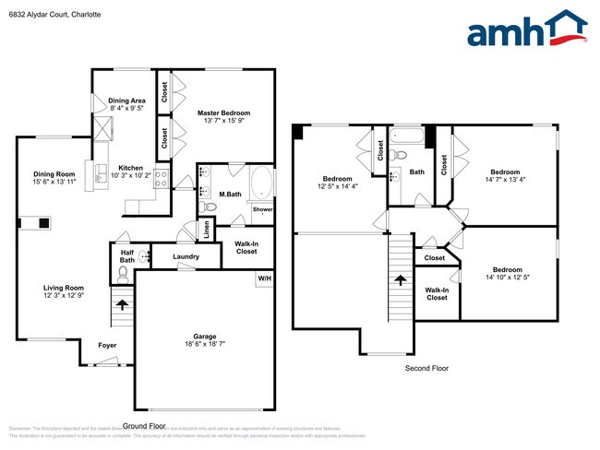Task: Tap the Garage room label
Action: pyautogui.click(x=204, y=337)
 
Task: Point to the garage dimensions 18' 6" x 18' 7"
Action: pyautogui.click(x=204, y=344)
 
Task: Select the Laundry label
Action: pyautogui.click(x=186, y=256)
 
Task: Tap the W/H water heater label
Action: pyautogui.click(x=264, y=278)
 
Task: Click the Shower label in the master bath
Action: pyautogui.click(x=262, y=209)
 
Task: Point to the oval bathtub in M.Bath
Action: pyautogui.click(x=260, y=182)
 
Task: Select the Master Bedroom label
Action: pyautogui.click(x=224, y=112)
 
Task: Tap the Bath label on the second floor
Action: pyautogui.click(x=417, y=172)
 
